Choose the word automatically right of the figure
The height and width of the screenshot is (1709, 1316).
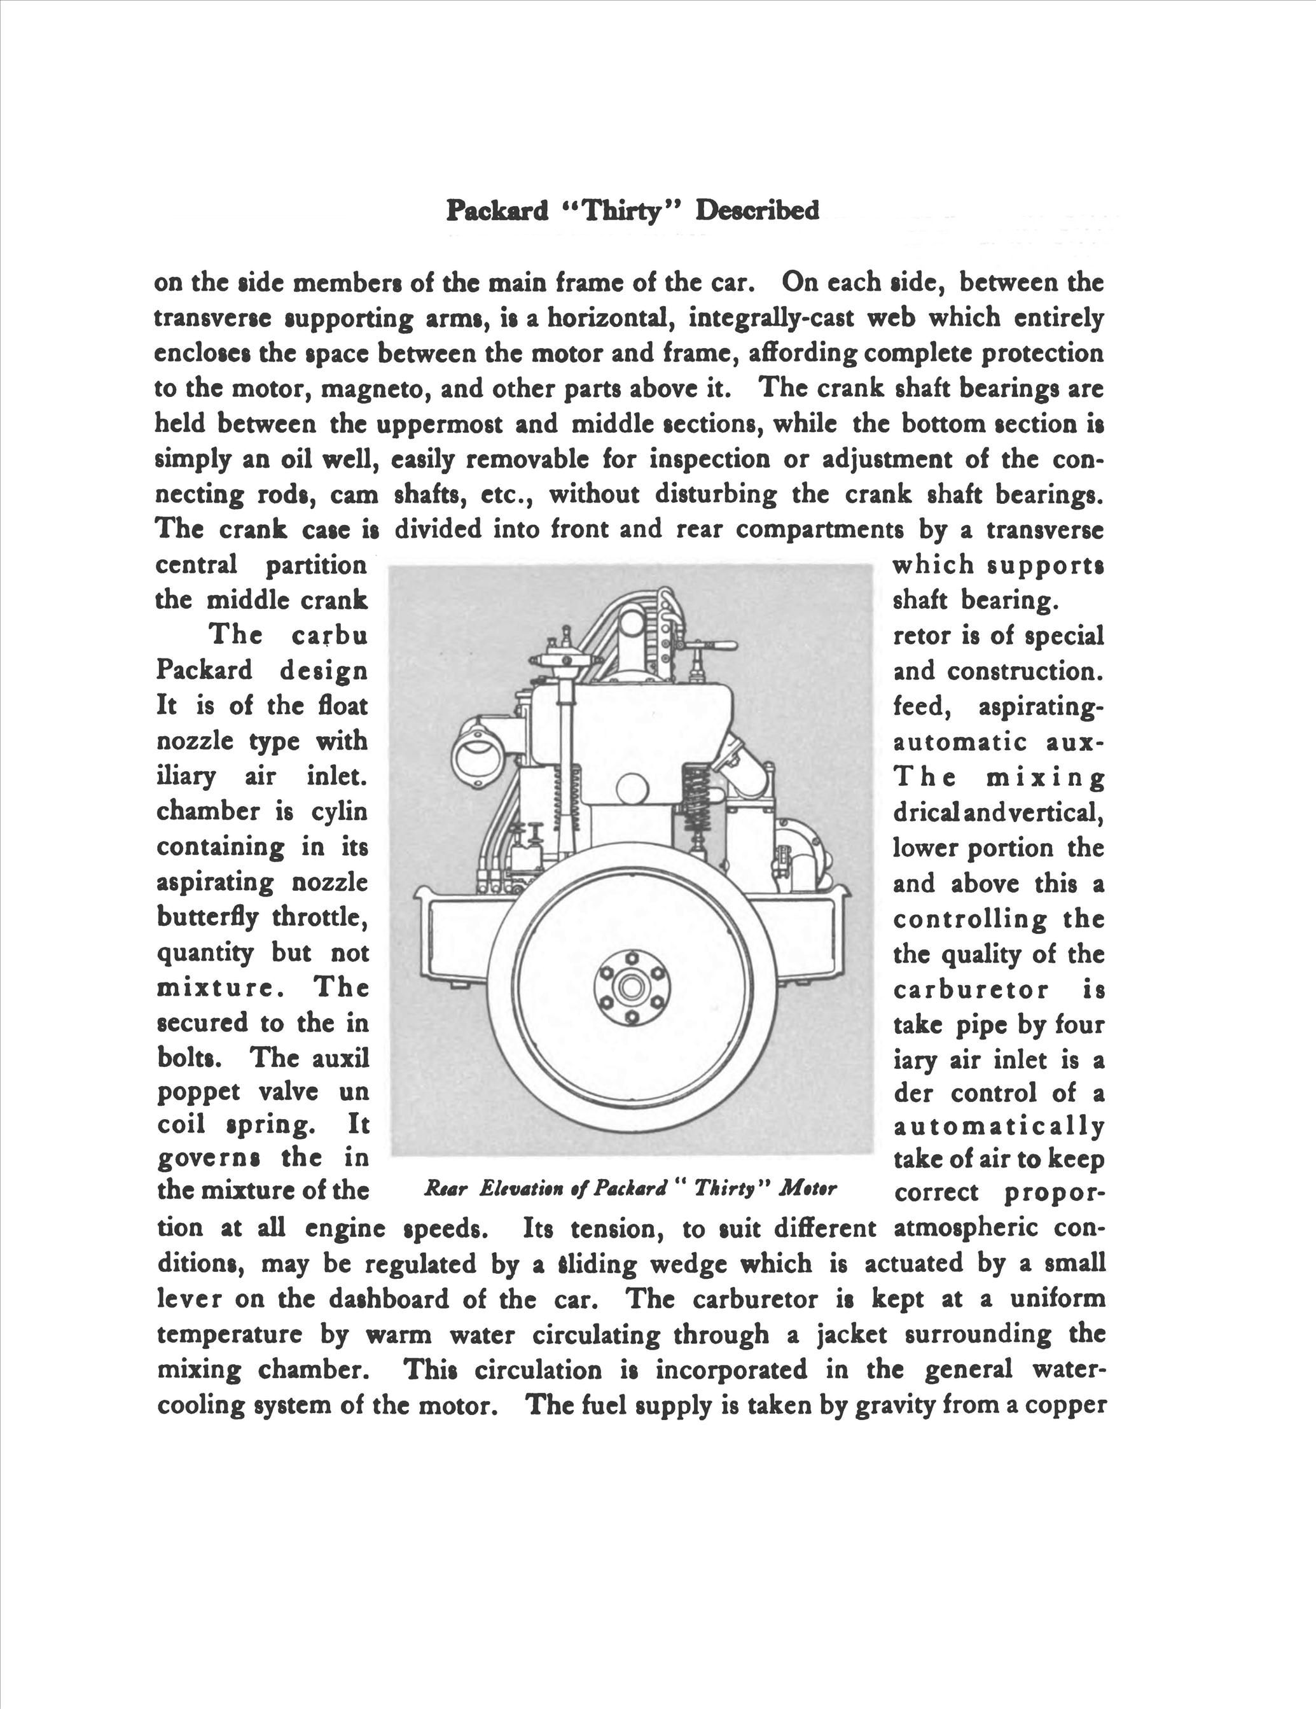(x=999, y=1127)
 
